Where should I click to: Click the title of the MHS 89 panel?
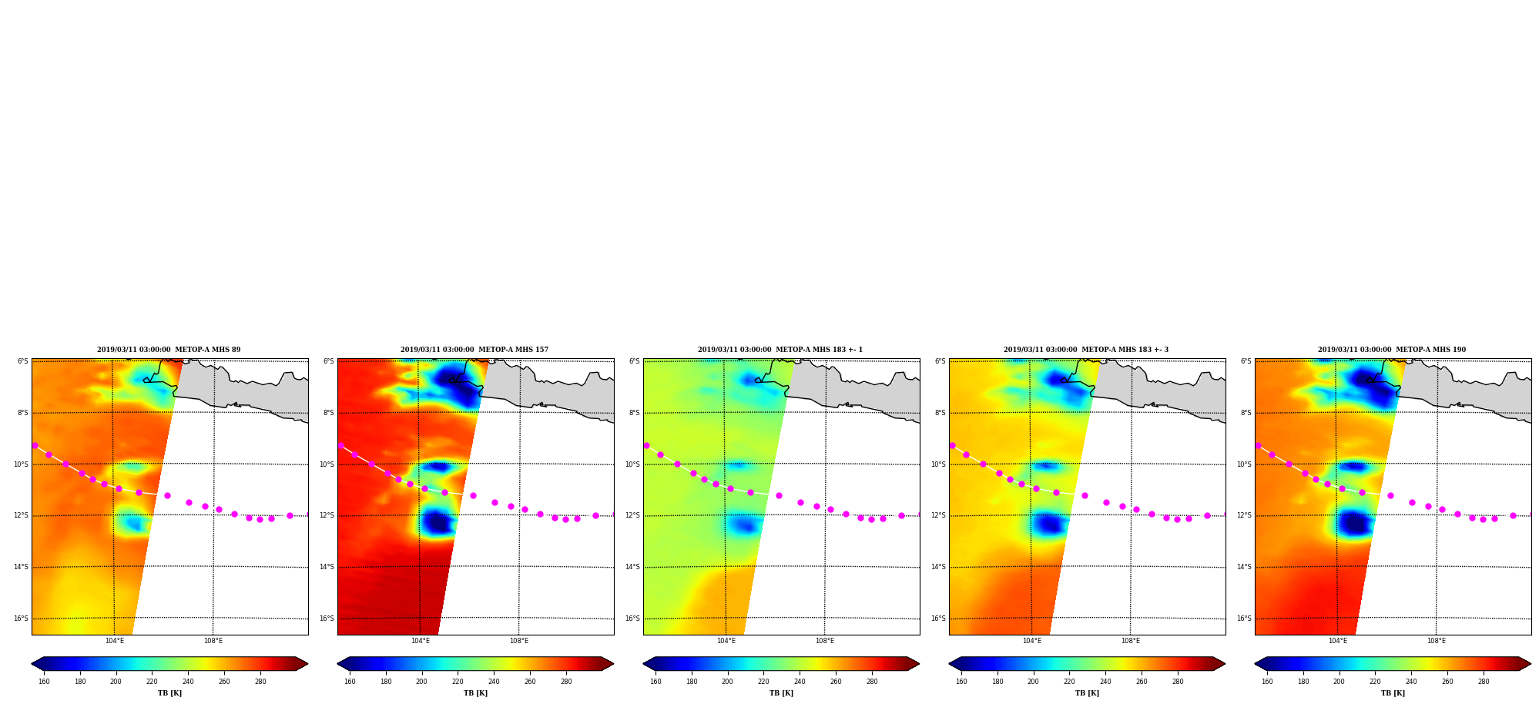(x=169, y=350)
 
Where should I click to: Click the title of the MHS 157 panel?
(x=474, y=350)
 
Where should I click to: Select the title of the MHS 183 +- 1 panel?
(x=780, y=350)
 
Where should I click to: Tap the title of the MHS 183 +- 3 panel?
(x=1086, y=350)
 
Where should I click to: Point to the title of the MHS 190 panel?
(x=1392, y=350)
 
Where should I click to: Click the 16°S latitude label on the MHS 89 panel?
(x=21, y=619)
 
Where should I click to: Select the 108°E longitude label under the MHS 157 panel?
(x=519, y=641)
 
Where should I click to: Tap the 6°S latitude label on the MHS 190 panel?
(x=1246, y=361)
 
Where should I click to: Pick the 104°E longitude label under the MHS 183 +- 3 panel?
(x=1031, y=641)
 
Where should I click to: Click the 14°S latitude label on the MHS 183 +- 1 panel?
(x=632, y=567)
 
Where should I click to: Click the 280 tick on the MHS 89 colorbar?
(x=260, y=681)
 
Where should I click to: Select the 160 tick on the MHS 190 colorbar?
(x=1267, y=681)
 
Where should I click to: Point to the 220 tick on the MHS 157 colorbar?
(x=458, y=681)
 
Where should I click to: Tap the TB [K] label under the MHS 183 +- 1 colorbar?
(x=781, y=693)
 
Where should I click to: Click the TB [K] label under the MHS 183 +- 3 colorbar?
(x=1087, y=693)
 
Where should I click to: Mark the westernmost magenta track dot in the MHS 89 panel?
(x=35, y=445)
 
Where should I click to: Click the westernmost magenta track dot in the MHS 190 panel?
(x=1258, y=445)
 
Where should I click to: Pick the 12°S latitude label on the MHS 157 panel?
(x=327, y=515)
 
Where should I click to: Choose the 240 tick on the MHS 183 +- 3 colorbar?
(x=1105, y=681)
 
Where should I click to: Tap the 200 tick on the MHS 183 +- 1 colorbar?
(x=727, y=681)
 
